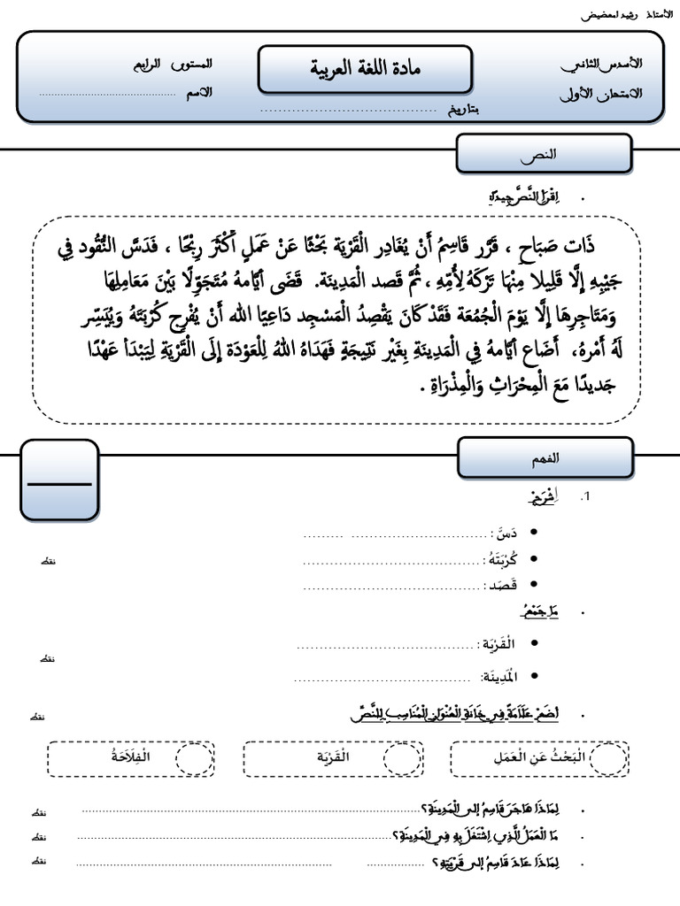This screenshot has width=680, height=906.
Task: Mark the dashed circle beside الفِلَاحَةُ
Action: [x=195, y=758]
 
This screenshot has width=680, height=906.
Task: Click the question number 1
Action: [x=584, y=498]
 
